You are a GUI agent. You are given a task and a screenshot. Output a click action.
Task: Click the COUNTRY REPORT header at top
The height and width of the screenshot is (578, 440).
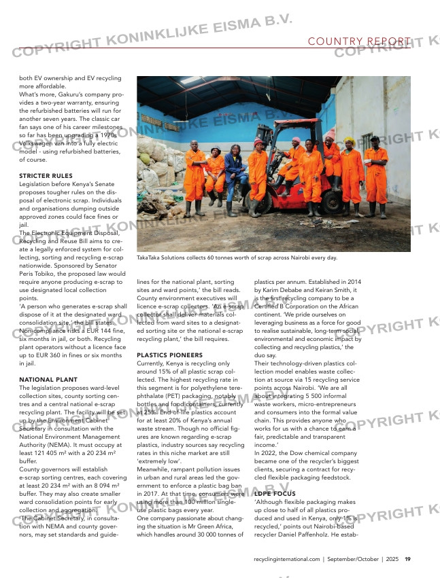tap(359, 41)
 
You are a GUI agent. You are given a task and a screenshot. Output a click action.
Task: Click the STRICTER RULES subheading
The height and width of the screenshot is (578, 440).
tap(46, 176)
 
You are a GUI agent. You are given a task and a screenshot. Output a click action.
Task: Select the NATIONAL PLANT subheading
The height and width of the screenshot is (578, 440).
tap(48, 379)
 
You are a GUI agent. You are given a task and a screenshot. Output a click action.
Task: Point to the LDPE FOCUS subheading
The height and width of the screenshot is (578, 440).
tap(275, 493)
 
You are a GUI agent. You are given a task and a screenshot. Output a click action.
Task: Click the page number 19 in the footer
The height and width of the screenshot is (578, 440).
tap(407, 560)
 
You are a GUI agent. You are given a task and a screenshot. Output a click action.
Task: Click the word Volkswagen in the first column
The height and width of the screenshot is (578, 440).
tap(41, 135)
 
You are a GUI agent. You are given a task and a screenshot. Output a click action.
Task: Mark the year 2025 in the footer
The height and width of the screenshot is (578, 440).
tap(392, 560)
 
